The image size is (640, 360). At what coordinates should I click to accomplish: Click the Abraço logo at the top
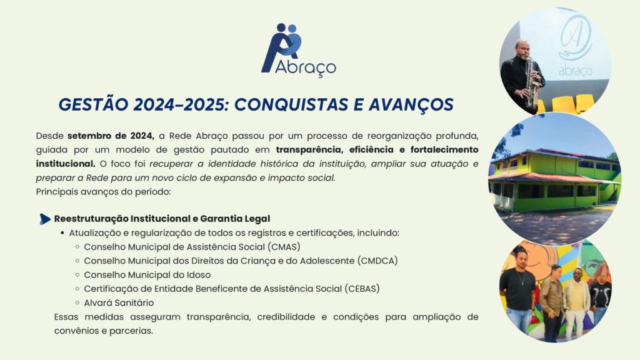click(298, 50)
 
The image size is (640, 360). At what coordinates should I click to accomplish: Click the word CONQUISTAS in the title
click(291, 104)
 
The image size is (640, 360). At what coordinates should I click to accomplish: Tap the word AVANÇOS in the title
click(411, 105)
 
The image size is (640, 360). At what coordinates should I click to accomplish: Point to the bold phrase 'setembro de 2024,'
click(111, 136)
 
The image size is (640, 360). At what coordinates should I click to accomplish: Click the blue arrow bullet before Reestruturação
click(45, 219)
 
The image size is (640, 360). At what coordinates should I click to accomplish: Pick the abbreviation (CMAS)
click(284, 247)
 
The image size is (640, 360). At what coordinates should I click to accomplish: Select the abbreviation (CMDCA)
click(377, 261)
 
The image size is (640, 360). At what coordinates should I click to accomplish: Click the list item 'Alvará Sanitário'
click(119, 303)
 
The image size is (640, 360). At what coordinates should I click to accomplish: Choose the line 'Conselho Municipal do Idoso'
click(147, 275)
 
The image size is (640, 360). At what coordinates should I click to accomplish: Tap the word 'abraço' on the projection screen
click(575, 71)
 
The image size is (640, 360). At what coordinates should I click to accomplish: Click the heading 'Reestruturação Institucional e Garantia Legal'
click(162, 219)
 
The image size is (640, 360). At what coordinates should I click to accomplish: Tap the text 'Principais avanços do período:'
click(103, 191)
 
